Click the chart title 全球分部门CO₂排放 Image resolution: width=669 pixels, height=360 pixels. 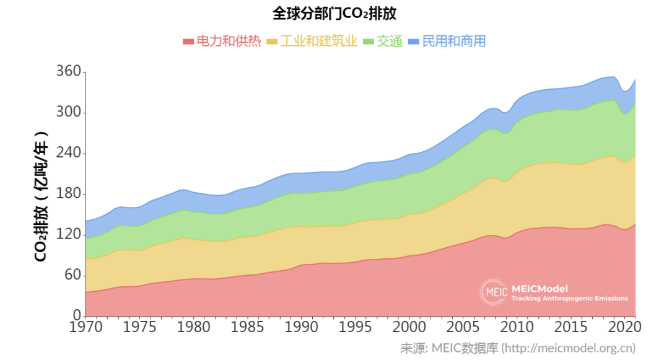coord(334,14)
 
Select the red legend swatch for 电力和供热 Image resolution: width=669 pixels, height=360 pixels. coord(188,42)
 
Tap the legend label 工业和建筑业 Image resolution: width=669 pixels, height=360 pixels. coord(319,42)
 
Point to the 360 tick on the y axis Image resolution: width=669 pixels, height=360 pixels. coord(68,72)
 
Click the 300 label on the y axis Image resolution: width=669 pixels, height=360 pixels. coord(68,113)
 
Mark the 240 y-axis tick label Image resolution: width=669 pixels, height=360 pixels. coord(68,153)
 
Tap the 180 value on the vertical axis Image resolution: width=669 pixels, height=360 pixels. coord(68,194)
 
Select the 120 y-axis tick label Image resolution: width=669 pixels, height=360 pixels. coord(68,234)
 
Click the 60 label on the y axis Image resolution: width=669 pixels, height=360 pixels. coord(72,274)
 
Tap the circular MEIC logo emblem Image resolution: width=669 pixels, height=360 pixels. coord(493,292)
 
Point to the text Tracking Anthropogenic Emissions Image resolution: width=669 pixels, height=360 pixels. coord(569,299)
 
